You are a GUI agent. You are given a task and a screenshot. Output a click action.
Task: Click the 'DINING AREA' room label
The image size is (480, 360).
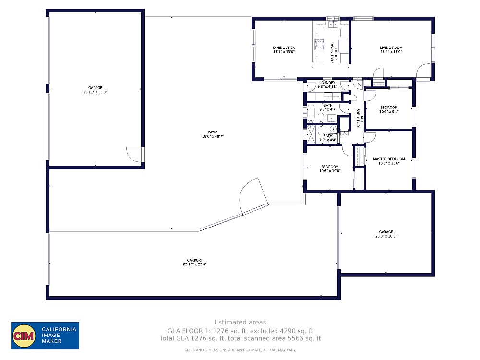tap(284, 48)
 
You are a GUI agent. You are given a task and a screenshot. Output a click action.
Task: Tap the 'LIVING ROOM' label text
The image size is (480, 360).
tap(391, 48)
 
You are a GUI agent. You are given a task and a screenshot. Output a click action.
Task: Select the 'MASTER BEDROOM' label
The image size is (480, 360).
tap(389, 159)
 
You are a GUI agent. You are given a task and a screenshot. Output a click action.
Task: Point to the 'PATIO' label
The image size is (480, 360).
tap(213, 132)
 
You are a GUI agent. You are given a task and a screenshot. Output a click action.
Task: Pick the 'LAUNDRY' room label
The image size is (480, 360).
tap(327, 83)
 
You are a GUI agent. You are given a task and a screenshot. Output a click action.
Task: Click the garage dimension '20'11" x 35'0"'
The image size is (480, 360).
tap(95, 92)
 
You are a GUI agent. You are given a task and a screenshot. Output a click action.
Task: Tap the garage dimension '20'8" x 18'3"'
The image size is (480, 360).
tap(385, 236)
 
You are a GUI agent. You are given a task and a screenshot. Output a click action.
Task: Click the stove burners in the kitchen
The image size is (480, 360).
tap(319, 45)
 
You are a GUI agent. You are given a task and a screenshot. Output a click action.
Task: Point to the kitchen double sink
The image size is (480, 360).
tap(333, 24)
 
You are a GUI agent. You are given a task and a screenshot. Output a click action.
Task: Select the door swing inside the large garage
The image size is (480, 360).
tap(134, 155)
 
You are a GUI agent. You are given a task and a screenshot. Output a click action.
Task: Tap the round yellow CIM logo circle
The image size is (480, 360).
tap(24, 336)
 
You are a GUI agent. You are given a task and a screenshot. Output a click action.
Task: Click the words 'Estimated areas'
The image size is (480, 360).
tap(240, 322)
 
